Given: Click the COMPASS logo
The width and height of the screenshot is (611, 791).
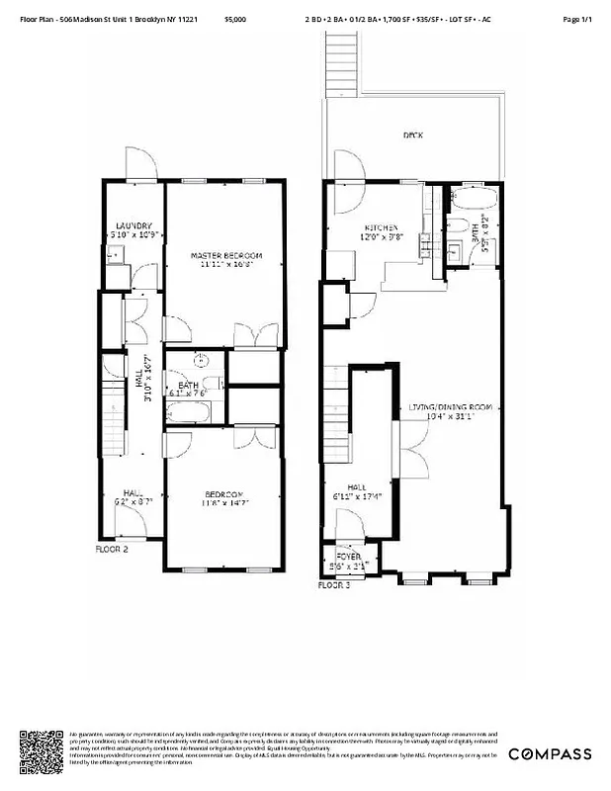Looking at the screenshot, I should pyautogui.click(x=550, y=754).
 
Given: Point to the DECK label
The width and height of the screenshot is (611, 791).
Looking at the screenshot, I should pyautogui.click(x=413, y=135).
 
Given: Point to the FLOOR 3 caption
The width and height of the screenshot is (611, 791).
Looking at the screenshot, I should pyautogui.click(x=334, y=585).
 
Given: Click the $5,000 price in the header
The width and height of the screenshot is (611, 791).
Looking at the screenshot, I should pyautogui.click(x=235, y=19).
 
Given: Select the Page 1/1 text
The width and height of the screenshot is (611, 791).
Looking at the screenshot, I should pyautogui.click(x=576, y=19).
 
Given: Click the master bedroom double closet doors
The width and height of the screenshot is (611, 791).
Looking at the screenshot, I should pyautogui.click(x=255, y=336).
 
